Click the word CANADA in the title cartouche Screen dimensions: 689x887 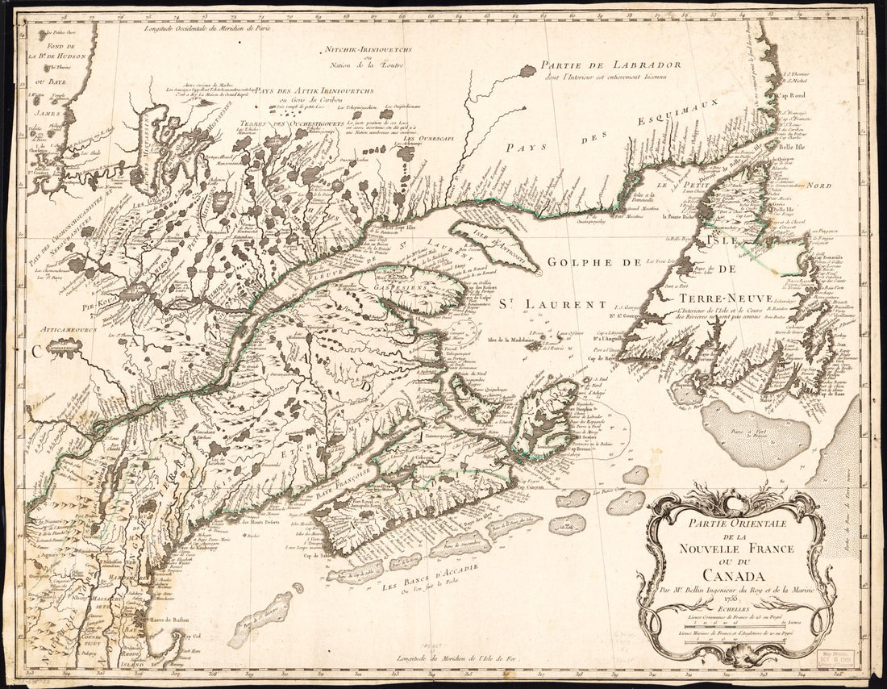click(x=733, y=575)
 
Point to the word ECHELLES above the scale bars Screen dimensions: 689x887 click(x=733, y=610)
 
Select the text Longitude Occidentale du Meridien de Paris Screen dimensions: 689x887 click(x=208, y=28)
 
